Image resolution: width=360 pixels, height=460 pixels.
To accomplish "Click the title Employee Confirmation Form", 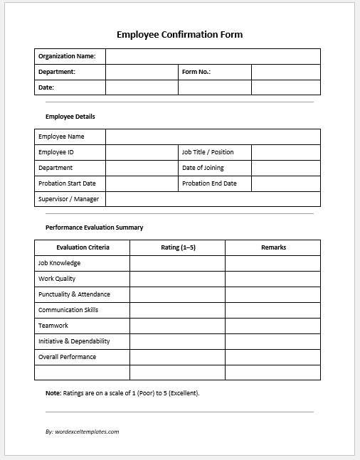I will click(179, 34).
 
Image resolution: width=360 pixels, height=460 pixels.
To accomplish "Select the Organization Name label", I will click(66, 56).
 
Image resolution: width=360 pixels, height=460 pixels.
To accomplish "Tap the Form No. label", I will click(196, 72).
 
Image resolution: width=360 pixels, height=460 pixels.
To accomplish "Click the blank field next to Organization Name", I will click(213, 56).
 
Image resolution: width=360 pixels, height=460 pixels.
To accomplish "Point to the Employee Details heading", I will click(70, 117).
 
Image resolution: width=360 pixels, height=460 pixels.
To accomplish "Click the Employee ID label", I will click(56, 152).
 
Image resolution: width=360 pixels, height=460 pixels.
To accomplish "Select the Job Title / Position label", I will click(208, 152).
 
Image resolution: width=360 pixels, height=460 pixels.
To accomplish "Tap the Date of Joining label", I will click(203, 168).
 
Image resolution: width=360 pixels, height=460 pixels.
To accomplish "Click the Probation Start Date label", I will click(67, 183).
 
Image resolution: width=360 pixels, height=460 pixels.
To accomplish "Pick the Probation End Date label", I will click(209, 183).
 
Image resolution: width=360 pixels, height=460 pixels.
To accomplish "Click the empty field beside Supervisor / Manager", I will click(213, 199).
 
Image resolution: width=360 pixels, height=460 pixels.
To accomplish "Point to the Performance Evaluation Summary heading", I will click(94, 228).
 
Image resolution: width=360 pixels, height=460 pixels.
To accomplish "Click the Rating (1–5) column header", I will click(177, 247).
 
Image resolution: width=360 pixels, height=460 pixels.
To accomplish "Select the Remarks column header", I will click(273, 247).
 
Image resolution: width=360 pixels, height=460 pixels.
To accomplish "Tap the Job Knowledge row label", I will click(59, 263).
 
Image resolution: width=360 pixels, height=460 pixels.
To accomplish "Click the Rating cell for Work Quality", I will click(177, 279).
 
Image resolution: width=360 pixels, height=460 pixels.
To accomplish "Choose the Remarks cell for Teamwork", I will click(273, 326).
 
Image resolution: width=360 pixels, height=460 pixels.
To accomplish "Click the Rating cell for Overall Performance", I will click(177, 357).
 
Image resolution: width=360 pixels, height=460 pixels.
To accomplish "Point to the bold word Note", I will click(53, 392).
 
